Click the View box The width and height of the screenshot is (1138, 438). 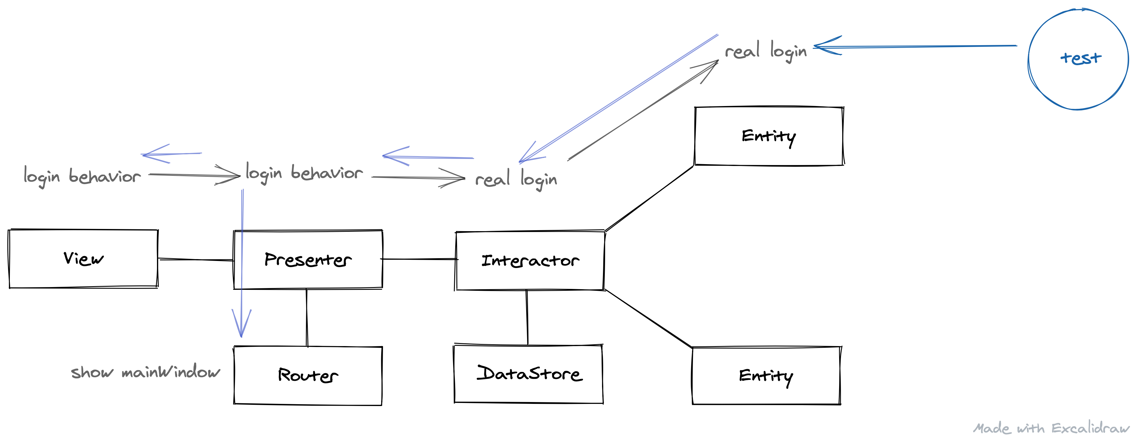[x=83, y=258]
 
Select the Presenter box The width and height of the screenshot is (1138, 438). [x=308, y=259]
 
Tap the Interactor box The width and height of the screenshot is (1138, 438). [x=530, y=260]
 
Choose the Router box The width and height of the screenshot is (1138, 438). [x=308, y=375]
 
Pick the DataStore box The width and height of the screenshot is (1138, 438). [x=528, y=374]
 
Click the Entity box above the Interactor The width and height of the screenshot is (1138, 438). [x=769, y=136]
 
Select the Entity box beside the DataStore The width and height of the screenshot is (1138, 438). [x=766, y=376]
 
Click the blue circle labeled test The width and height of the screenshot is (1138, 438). [x=1078, y=59]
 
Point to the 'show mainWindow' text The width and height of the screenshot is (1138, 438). [x=145, y=372]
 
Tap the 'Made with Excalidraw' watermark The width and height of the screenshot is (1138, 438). [x=1050, y=428]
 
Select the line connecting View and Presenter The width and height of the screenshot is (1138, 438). [x=196, y=259]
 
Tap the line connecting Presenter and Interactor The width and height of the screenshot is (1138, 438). [x=419, y=259]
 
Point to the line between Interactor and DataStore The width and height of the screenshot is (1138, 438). [x=527, y=317]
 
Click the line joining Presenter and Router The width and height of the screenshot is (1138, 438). [x=307, y=317]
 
